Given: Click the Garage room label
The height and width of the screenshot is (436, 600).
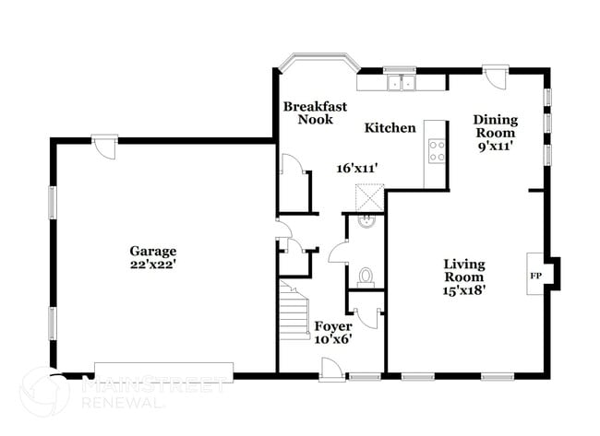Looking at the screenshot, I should pos(153,250).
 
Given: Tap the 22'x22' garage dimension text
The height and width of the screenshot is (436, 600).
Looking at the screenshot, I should pos(153,265).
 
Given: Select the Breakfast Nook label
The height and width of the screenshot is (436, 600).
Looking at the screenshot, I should pos(314,112).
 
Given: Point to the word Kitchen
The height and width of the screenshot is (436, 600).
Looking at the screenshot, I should pos(390,127).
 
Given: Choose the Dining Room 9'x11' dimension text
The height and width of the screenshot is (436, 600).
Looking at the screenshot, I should pos(495,147).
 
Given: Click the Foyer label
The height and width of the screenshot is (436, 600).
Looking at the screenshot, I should pos(332,326).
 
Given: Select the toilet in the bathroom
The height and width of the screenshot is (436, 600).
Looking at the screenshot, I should pos(366,276).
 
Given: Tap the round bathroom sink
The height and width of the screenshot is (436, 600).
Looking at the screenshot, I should pos(366,220).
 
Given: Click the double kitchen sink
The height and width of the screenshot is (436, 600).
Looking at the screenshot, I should pos(402,84).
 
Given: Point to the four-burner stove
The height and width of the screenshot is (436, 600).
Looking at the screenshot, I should pos(436,149).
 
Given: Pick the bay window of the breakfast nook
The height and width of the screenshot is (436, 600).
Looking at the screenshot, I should pos(319,62).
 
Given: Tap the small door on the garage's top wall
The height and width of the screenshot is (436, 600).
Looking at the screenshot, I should pos(105,145).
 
